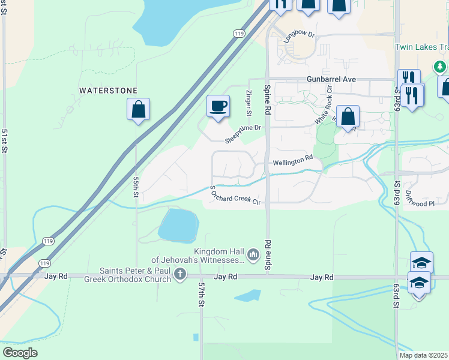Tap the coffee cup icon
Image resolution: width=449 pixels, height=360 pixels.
point(218,106)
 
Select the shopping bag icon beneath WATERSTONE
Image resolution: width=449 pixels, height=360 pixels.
point(138,109)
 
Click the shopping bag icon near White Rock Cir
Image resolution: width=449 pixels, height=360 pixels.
point(348,116)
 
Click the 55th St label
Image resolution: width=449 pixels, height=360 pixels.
point(136,188)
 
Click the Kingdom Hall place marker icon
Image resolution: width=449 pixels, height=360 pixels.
point(253,256)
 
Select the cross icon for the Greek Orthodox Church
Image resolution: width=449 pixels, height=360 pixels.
point(179,275)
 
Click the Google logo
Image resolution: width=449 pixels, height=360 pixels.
point(20,353)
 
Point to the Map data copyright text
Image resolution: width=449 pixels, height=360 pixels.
point(424,355)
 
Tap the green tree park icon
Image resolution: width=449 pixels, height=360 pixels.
point(441,66)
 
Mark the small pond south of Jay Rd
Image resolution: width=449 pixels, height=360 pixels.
point(247,295)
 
